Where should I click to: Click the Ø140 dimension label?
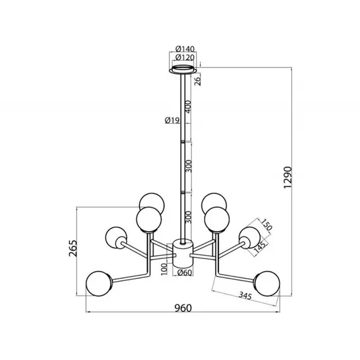[185, 49]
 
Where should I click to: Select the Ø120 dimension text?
[185, 57]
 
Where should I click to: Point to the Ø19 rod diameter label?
[172, 120]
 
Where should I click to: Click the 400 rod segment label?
[188, 107]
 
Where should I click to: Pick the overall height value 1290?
[287, 177]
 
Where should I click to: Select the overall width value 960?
[183, 308]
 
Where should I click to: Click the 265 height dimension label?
[73, 248]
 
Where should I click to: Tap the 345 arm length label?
[245, 296]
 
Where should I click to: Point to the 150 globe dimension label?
[267, 225]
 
